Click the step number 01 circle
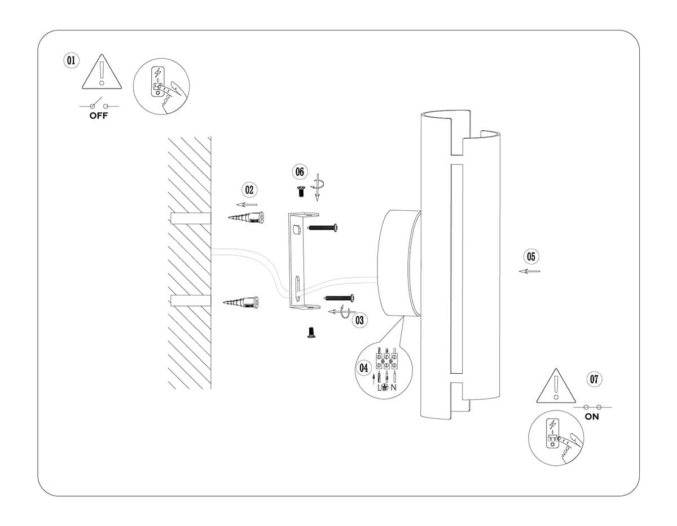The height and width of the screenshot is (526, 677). (71, 61)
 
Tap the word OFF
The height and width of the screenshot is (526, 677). (98, 116)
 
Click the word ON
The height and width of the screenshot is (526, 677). (592, 417)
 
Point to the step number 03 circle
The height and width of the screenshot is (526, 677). (359, 320)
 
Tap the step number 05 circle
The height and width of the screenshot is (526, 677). (531, 257)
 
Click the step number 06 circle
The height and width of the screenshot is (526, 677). (300, 171)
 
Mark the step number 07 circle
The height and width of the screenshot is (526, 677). (594, 379)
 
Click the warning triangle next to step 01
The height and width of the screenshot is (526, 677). (102, 73)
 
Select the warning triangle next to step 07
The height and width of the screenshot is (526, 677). (556, 388)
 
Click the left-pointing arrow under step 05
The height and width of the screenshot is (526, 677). (530, 272)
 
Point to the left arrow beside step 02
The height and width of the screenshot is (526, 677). (247, 205)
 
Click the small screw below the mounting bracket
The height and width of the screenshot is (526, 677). (310, 333)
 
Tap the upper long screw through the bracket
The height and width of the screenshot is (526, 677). (323, 228)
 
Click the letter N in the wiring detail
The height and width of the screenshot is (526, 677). (393, 387)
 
